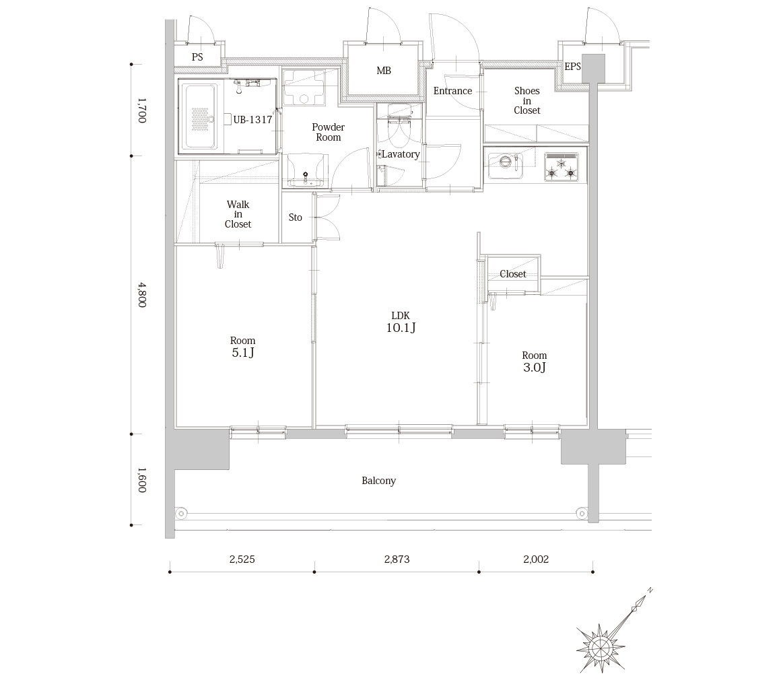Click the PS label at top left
pyautogui.click(x=197, y=57)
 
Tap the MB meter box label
pyautogui.click(x=384, y=71)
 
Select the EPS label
pyautogui.click(x=572, y=66)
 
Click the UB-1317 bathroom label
pyautogui.click(x=252, y=120)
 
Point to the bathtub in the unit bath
pyautogui.click(x=201, y=116)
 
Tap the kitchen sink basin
pyautogui.click(x=506, y=165)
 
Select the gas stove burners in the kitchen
pyautogui.click(x=562, y=167)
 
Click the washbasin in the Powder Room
pyautogui.click(x=306, y=171)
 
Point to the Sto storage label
pyautogui.click(x=296, y=217)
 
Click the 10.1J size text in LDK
pyautogui.click(x=401, y=327)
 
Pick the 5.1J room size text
pyautogui.click(x=243, y=353)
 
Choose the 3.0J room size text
pyautogui.click(x=535, y=367)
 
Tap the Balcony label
pyautogui.click(x=378, y=481)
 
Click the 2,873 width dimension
pyautogui.click(x=397, y=559)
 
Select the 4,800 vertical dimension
pyautogui.click(x=142, y=295)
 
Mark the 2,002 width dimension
pyautogui.click(x=536, y=559)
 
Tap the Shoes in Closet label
pyautogui.click(x=527, y=100)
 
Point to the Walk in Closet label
pyautogui.click(x=238, y=214)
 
